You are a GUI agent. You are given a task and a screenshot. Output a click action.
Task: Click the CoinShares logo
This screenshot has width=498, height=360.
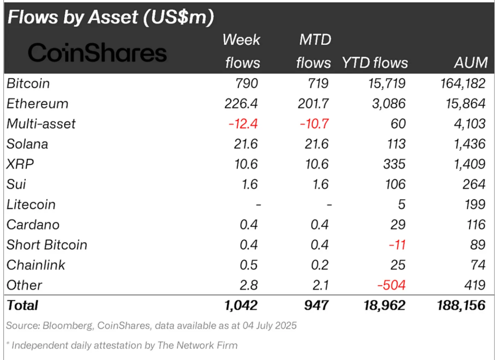pyautogui.click(x=98, y=53)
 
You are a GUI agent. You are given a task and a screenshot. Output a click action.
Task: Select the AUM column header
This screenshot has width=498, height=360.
pyautogui.click(x=470, y=63)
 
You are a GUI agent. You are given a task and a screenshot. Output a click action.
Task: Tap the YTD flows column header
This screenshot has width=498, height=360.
pyautogui.click(x=375, y=63)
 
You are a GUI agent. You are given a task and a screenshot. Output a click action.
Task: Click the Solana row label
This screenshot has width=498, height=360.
pyautogui.click(x=27, y=144)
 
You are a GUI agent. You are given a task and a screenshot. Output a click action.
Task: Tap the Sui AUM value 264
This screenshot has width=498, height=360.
pyautogui.click(x=473, y=184)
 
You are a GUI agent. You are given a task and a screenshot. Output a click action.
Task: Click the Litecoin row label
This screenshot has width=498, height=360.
pyautogui.click(x=31, y=205)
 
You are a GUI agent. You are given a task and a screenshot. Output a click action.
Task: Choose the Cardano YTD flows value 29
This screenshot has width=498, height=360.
pyautogui.click(x=398, y=225)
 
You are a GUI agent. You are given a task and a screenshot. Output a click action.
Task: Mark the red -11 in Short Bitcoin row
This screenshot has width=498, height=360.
pyautogui.click(x=396, y=245)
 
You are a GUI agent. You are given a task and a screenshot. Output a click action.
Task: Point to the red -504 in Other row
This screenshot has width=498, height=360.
pyautogui.click(x=391, y=285)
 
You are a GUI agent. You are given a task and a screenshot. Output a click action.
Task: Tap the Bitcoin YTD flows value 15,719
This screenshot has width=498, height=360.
pyautogui.click(x=385, y=83)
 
